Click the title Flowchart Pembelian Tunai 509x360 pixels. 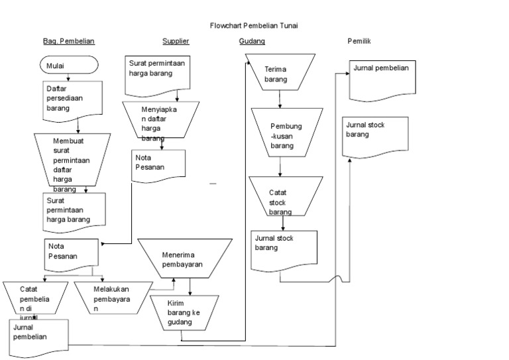coord(254,26)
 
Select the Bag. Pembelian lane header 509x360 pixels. coord(69,41)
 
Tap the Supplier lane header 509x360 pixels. coord(176,41)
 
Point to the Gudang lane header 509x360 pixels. coord(252,41)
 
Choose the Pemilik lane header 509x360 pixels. coord(359,41)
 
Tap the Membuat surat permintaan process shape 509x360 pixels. coord(72,162)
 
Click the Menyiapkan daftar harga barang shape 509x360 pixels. coord(160,119)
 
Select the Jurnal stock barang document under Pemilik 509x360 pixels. coord(374,135)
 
